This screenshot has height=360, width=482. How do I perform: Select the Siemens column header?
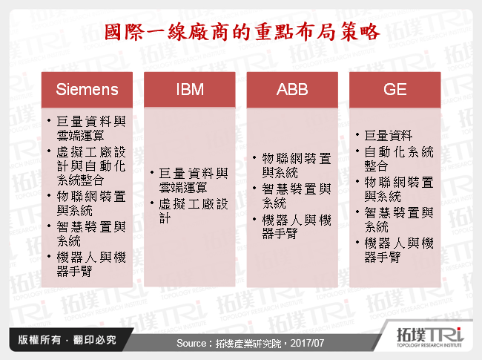pyautogui.click(x=88, y=90)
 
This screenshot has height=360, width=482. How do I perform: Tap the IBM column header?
pyautogui.click(x=190, y=90)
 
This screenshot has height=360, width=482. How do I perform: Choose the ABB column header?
pyautogui.click(x=292, y=90)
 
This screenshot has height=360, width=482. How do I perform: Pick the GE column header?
pyautogui.click(x=394, y=90)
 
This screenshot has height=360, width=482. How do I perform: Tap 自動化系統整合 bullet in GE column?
pyautogui.click(x=399, y=159)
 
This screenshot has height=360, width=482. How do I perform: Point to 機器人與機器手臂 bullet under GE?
pyautogui.click(x=399, y=250)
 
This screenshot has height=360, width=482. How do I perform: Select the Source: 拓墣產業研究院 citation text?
pyautogui.click(x=240, y=344)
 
